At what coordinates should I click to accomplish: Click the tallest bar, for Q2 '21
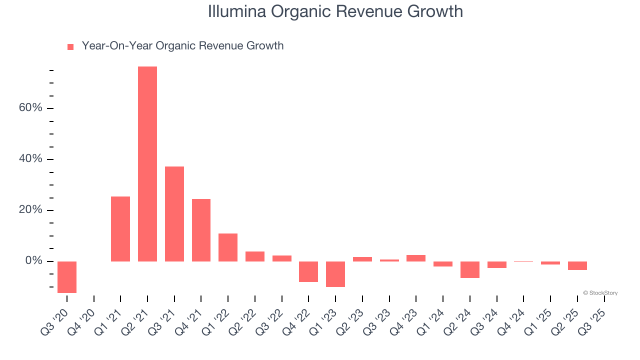click(x=147, y=164)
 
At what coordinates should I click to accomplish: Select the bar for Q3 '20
click(x=67, y=277)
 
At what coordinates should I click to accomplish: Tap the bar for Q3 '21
click(x=174, y=214)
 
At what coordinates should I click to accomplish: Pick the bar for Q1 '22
click(x=228, y=247)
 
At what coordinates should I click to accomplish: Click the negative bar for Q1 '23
click(x=335, y=274)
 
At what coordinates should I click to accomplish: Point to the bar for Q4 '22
click(x=308, y=271)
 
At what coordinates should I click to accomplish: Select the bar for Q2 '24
click(x=470, y=269)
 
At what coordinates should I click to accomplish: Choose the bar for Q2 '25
click(x=577, y=265)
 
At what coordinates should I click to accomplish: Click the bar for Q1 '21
click(x=120, y=229)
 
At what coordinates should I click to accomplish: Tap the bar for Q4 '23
click(x=416, y=258)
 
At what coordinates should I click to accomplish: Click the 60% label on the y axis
click(x=31, y=108)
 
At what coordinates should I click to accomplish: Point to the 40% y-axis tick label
click(x=31, y=159)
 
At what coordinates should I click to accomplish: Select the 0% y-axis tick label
click(x=34, y=261)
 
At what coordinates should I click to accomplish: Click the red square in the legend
click(x=70, y=47)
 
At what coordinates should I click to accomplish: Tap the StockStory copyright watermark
click(x=600, y=293)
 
